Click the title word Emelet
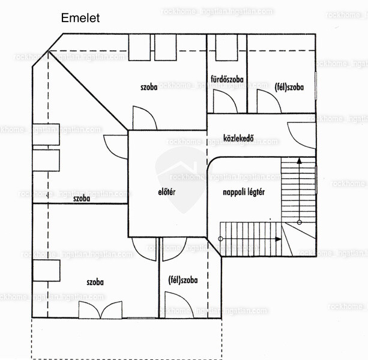[80, 18]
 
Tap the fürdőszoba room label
[227, 79]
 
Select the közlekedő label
[238, 138]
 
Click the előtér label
[167, 192]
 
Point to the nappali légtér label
[244, 193]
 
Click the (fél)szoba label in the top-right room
[289, 87]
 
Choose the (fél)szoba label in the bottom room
[183, 280]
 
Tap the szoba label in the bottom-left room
[95, 282]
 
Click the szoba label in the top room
[149, 87]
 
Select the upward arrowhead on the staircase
[299, 161]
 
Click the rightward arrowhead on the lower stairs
[279, 239]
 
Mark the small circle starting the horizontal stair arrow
[220, 239]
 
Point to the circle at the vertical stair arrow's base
[299, 222]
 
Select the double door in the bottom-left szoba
[100, 310]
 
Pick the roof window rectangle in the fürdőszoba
[226, 47]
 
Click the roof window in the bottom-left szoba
[46, 271]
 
